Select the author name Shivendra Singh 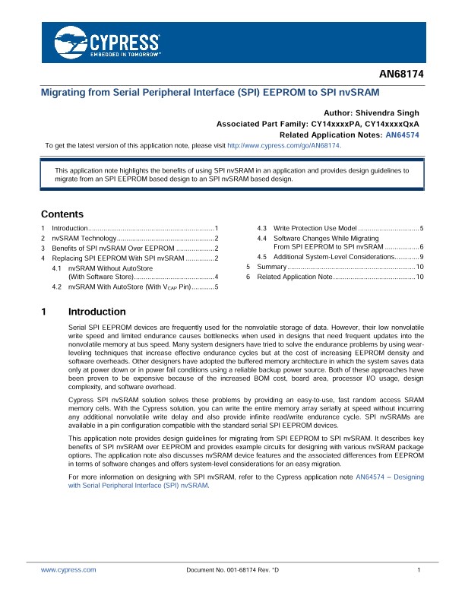pos(388,111)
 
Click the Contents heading pos(62,214)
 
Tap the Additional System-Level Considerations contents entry pos(327,257)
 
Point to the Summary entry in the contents pos(271,267)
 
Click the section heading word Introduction pos(96,312)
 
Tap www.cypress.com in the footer pos(68,569)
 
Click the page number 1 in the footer pos(419,569)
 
